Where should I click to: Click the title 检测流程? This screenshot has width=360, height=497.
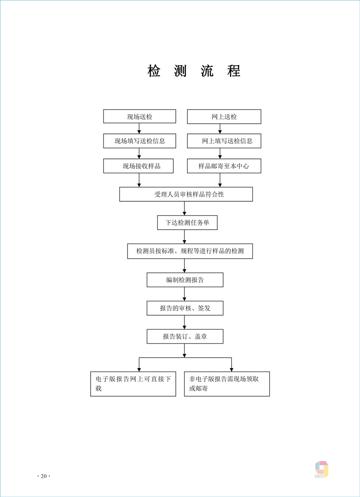pos(194,71)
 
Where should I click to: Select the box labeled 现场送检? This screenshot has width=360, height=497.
pos(139,117)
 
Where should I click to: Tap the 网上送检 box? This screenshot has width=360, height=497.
pos(224,117)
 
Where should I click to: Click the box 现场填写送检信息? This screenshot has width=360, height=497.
pos(139,141)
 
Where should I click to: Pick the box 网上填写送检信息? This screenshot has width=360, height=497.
pos(224,141)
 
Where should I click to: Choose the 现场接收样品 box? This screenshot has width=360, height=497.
pos(138,166)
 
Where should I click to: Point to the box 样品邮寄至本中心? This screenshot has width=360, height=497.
pos(224,166)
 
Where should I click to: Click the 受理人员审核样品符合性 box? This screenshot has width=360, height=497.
pos(186,194)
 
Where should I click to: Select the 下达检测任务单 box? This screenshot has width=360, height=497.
pos(187,222)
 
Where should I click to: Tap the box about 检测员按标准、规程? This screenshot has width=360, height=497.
pos(190,251)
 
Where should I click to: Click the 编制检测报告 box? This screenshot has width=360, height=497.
pos(185,280)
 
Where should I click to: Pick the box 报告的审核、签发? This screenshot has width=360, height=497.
pos(185,308)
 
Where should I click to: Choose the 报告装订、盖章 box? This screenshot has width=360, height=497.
pos(185,336)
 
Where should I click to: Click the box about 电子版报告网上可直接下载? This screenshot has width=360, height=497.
pos(133,384)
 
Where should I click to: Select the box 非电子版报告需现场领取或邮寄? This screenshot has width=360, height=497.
pos(227,384)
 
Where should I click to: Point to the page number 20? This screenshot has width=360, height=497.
pos(44,476)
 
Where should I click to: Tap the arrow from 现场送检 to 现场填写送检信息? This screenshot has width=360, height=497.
pos(139,129)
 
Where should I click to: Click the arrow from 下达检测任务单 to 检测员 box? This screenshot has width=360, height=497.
pos(184,237)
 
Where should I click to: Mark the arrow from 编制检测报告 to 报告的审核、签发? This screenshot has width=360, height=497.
pos(184,294)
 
